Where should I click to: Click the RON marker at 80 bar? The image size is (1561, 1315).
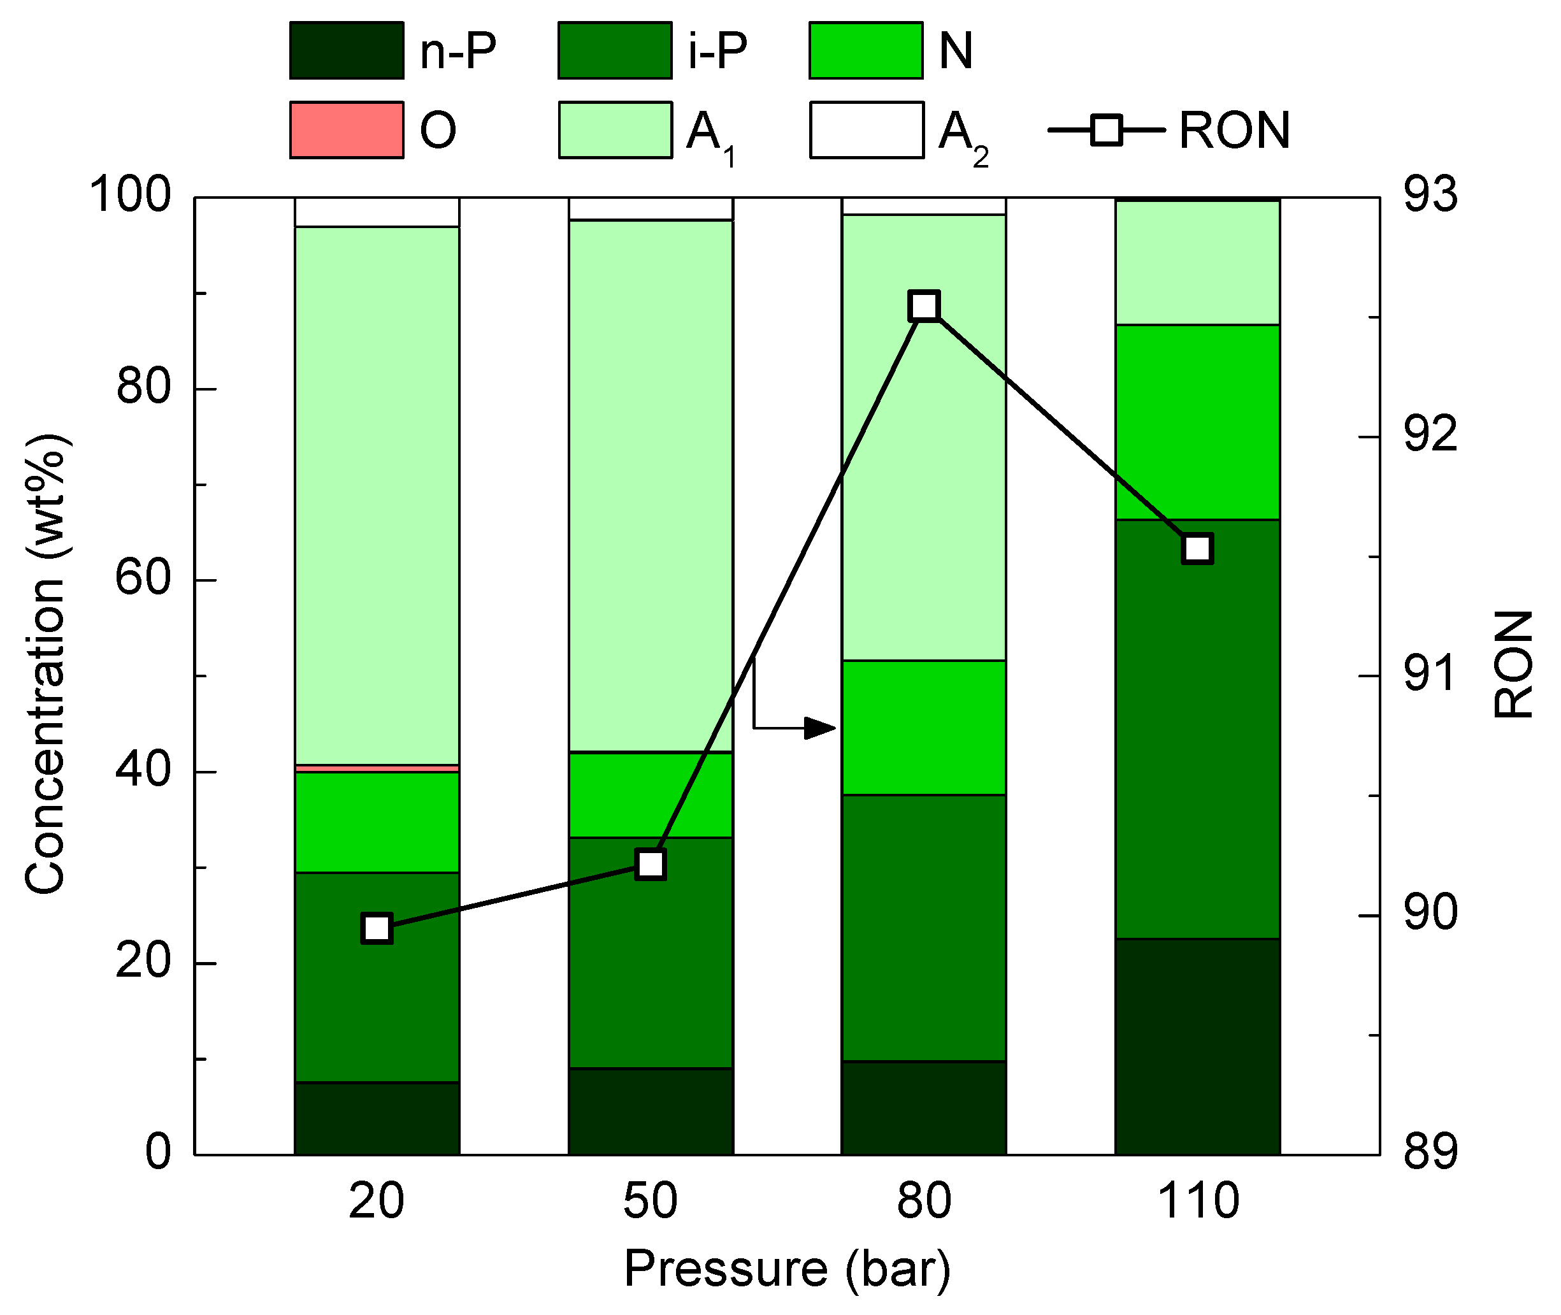point(924,306)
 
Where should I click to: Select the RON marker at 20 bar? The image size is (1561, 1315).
point(377,928)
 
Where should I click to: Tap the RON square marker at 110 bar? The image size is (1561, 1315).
point(1197,549)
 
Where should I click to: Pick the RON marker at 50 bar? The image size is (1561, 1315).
point(651,864)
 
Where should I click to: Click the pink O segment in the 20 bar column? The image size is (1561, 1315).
point(377,768)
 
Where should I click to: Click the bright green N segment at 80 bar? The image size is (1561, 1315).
point(924,728)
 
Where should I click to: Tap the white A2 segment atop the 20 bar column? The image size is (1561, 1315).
point(377,212)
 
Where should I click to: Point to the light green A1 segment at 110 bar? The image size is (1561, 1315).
point(1197,262)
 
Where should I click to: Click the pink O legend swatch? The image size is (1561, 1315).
point(347,130)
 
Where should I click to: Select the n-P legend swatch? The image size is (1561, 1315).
point(347,51)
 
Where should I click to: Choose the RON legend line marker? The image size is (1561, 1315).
point(1106,130)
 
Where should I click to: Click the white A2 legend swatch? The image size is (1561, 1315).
point(867,130)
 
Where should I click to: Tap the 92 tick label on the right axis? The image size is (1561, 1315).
point(1430,435)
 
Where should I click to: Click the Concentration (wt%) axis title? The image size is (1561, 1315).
point(47,663)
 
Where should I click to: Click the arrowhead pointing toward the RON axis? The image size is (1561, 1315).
point(820,728)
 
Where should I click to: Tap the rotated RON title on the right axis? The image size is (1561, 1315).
point(1513,663)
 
